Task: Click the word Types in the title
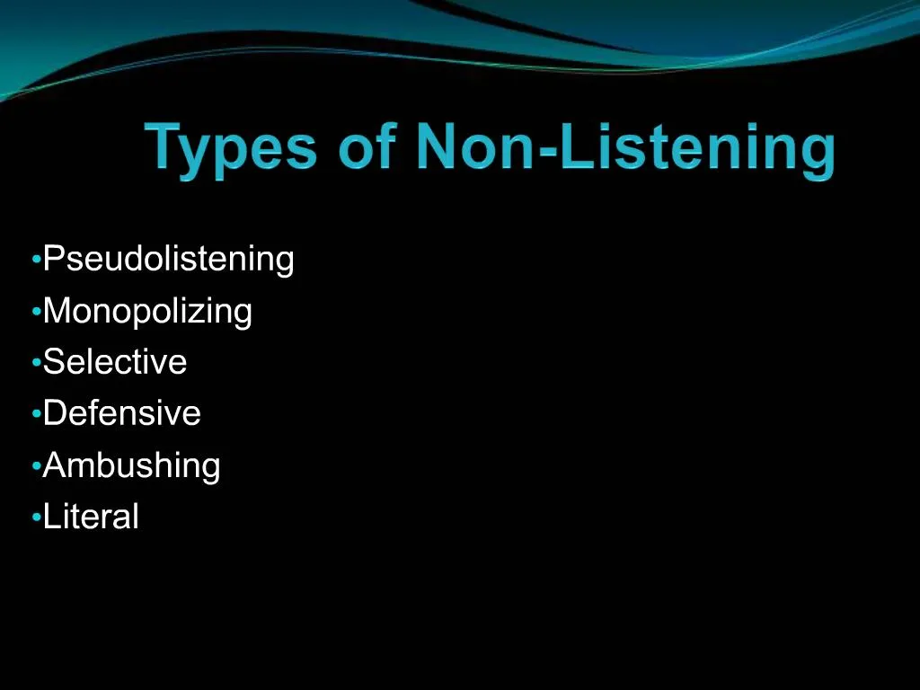click(231, 149)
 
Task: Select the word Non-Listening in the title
click(625, 149)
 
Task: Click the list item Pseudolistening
click(169, 260)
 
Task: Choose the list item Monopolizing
click(147, 312)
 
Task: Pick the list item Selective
click(115, 362)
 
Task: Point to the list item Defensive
click(122, 413)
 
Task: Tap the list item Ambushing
click(131, 465)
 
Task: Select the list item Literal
click(91, 517)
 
